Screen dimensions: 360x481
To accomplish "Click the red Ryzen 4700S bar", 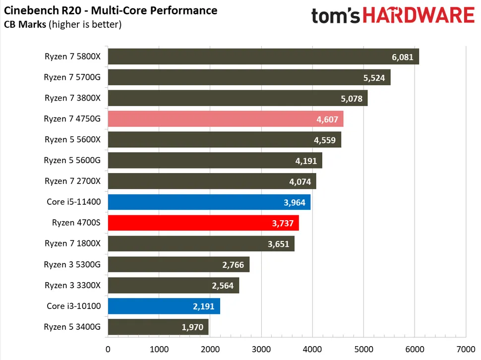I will (x=203, y=223).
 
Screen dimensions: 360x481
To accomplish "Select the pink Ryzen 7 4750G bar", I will (x=225, y=119).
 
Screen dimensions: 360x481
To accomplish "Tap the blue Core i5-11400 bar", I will (x=209, y=202).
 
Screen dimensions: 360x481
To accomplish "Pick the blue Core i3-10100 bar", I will (x=164, y=306).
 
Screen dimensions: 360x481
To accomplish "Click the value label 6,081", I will (x=402, y=57).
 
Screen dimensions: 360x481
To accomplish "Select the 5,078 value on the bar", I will (x=351, y=99).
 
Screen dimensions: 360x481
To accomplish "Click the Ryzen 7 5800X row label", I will (x=72, y=57).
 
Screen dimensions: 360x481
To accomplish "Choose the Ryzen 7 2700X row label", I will (x=72, y=181).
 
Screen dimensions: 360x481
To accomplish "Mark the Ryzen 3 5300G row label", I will (x=72, y=265).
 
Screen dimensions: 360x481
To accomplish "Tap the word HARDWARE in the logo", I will (x=423, y=15).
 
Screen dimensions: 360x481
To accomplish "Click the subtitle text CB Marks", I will (x=25, y=24).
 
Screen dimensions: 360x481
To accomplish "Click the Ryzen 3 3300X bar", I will (x=173, y=286).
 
